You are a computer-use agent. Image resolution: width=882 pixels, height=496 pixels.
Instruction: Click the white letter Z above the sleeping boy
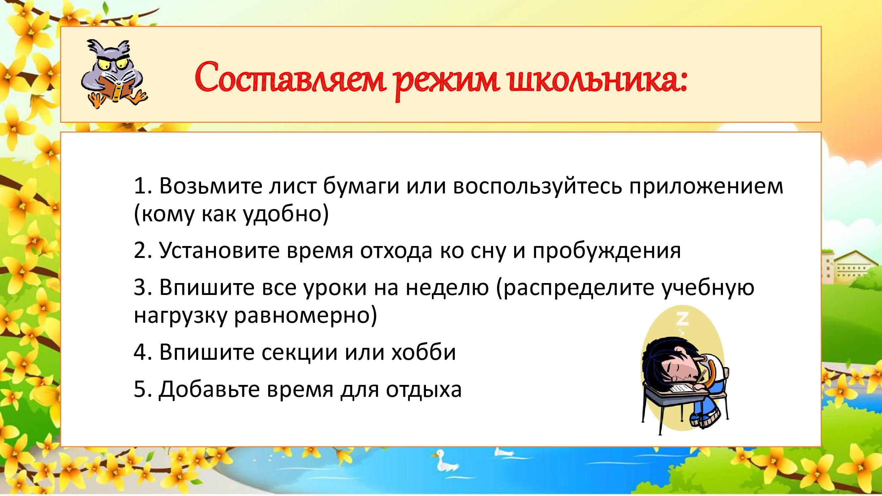click(682, 319)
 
